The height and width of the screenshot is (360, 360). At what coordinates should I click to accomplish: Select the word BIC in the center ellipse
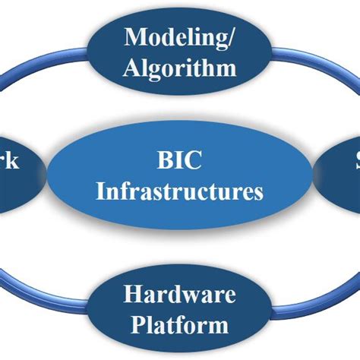click(x=179, y=160)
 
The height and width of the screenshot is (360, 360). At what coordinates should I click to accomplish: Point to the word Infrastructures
click(x=180, y=190)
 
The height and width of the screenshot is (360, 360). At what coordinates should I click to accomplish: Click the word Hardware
click(x=180, y=295)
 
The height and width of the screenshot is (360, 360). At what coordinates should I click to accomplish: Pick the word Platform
click(x=180, y=325)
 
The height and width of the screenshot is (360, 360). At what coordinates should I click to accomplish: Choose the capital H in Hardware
click(x=131, y=295)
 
